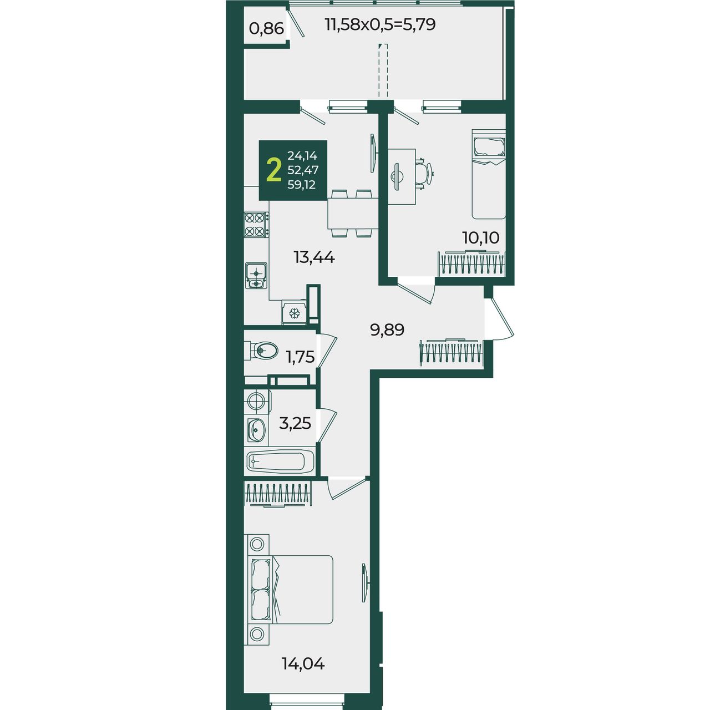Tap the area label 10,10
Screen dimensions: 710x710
(x=481, y=237)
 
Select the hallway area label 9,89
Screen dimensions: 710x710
(x=387, y=329)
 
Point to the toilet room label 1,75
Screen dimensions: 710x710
(x=300, y=357)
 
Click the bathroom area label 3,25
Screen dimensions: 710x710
(x=295, y=423)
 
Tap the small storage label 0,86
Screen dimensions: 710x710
(x=267, y=28)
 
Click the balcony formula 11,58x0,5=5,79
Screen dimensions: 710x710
(x=381, y=24)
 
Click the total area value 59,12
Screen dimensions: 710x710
(x=302, y=185)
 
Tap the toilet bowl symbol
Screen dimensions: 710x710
(x=261, y=349)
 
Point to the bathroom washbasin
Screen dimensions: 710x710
(x=256, y=429)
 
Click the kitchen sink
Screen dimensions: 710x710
(x=256, y=276)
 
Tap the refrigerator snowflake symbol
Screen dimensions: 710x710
(x=294, y=313)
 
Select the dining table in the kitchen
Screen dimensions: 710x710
(x=353, y=214)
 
